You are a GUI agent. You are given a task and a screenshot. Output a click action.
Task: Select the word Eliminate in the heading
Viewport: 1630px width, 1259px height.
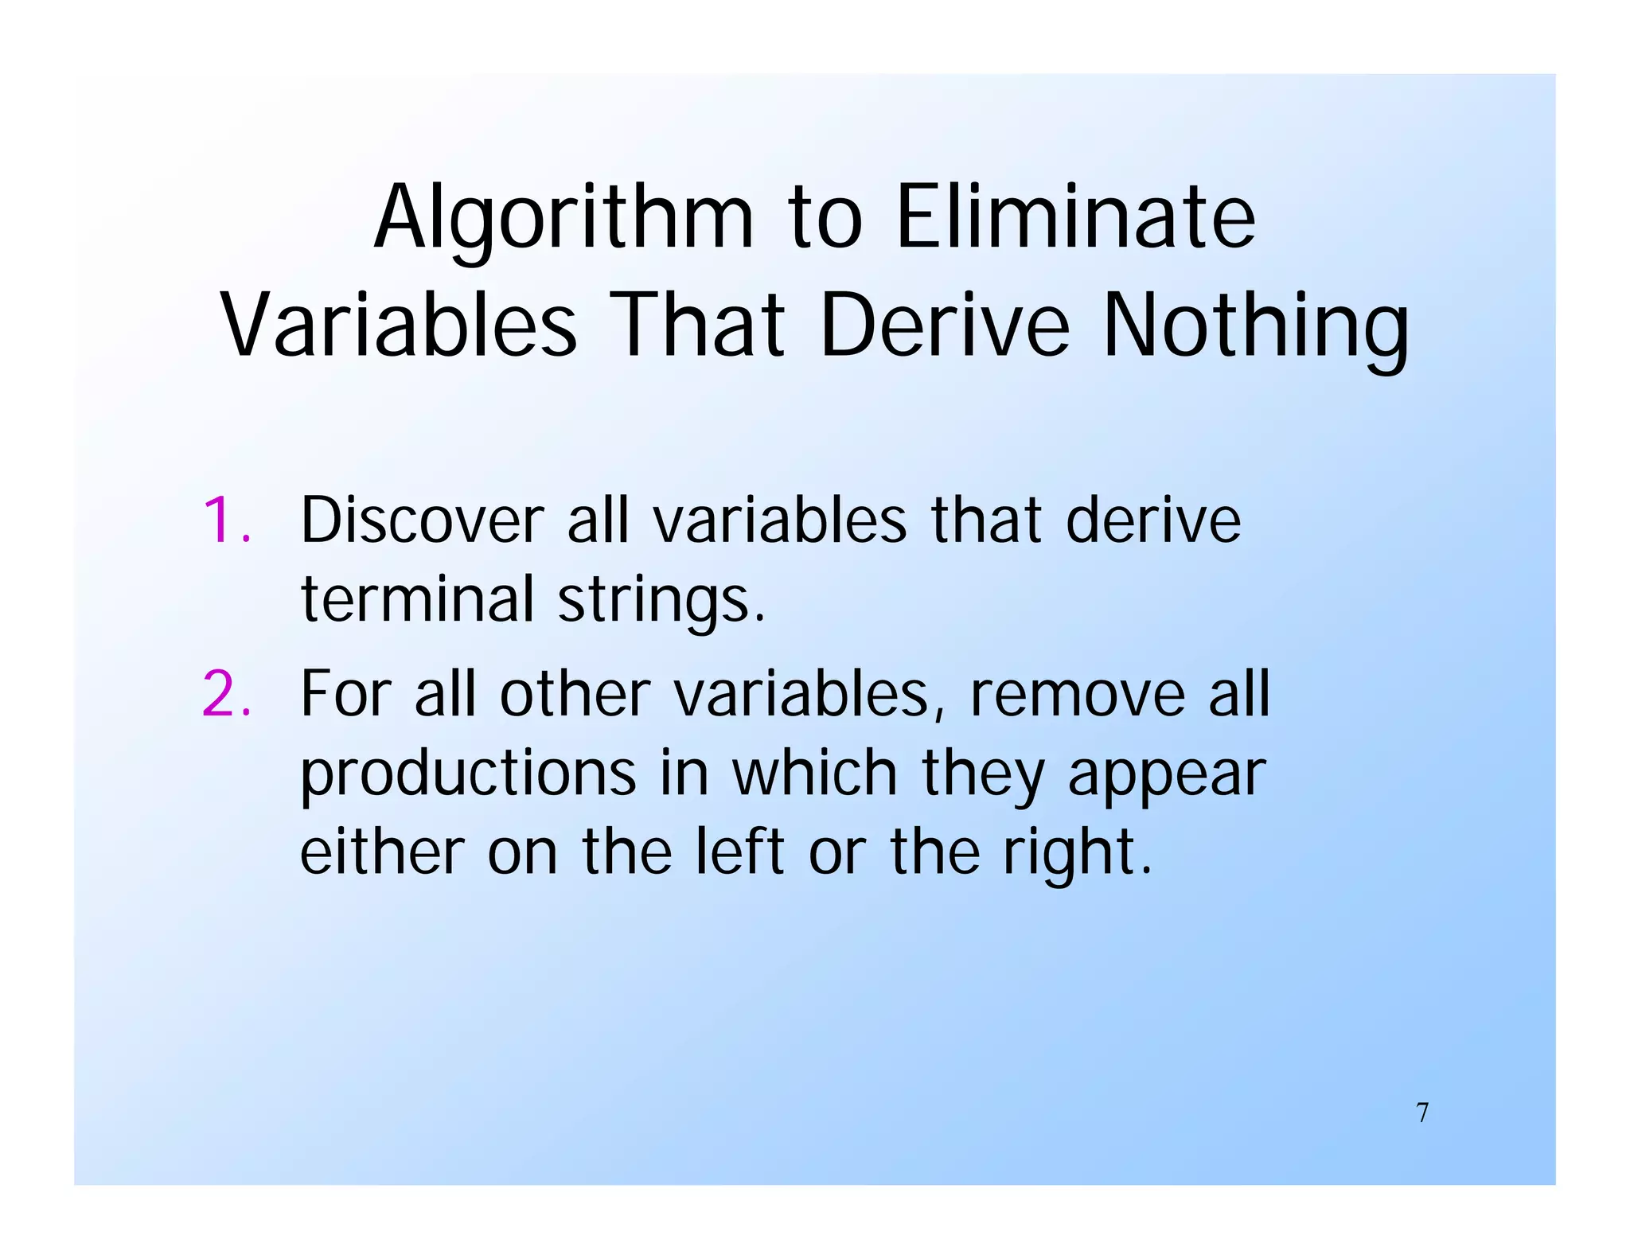tap(1075, 216)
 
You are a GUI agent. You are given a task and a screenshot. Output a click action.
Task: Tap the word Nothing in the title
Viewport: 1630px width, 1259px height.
tap(1255, 325)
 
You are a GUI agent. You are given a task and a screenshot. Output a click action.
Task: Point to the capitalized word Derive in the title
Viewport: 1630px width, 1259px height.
tap(945, 325)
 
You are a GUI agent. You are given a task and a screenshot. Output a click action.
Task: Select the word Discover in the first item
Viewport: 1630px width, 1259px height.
tap(422, 521)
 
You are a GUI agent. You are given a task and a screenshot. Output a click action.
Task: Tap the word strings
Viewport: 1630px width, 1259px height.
tap(661, 601)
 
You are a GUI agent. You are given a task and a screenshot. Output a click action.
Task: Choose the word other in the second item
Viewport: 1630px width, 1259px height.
tap(575, 695)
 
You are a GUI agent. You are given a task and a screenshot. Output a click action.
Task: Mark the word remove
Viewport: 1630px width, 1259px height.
tap(1077, 695)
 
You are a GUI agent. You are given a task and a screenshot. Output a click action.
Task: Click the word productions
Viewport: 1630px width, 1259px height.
tap(468, 774)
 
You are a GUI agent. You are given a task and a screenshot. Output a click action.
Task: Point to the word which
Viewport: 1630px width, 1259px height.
tap(814, 774)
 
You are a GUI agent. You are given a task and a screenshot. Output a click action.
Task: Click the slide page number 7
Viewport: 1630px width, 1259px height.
tap(1422, 1113)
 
